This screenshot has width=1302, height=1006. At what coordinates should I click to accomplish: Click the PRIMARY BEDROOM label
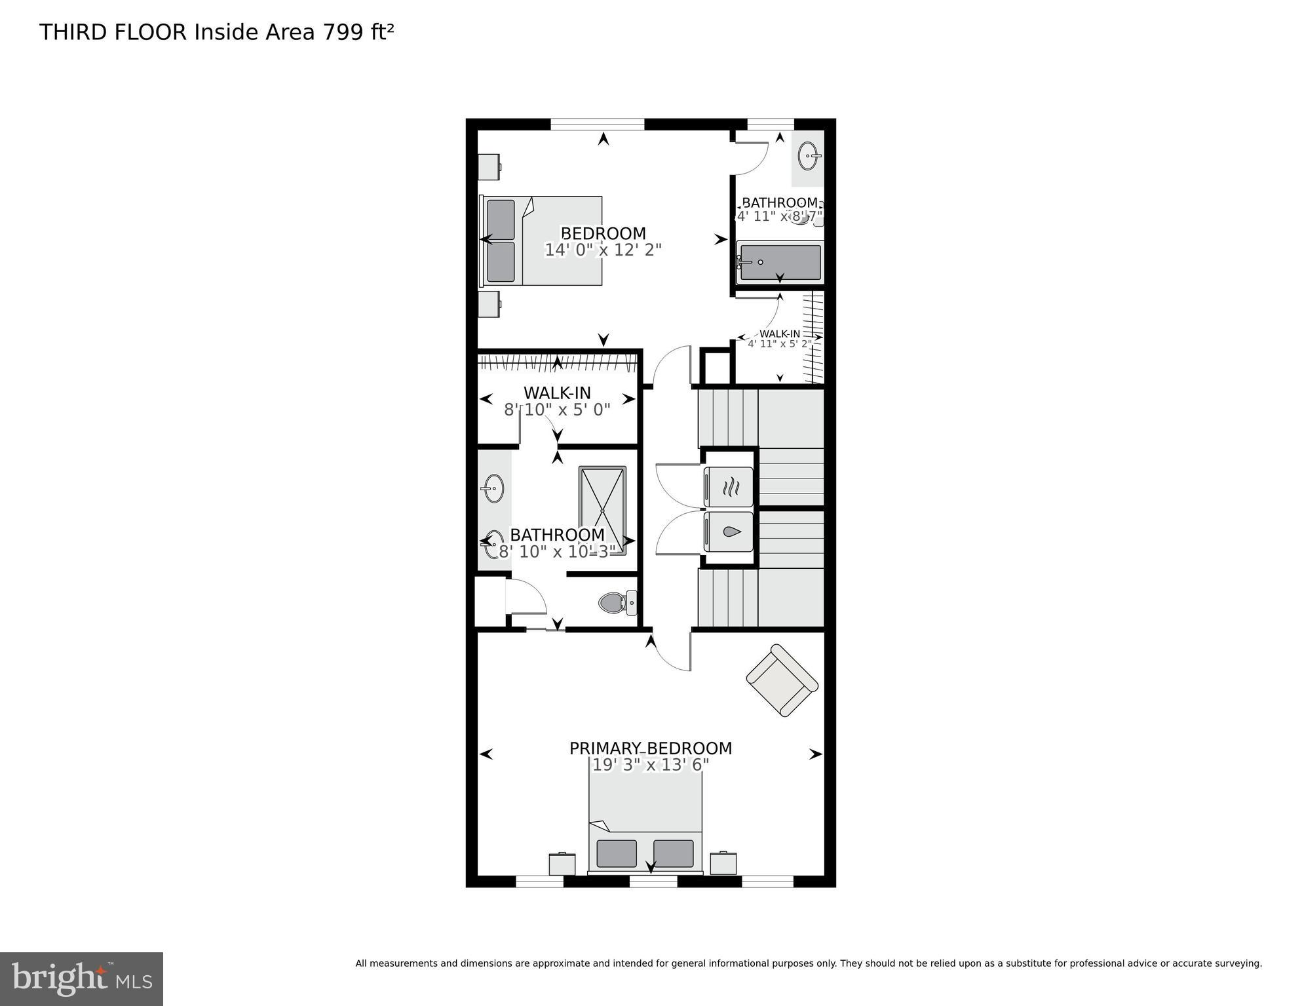(x=650, y=748)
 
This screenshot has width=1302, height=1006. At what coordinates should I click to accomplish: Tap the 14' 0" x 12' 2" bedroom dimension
(x=603, y=250)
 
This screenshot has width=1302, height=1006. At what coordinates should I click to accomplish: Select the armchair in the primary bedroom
(x=782, y=680)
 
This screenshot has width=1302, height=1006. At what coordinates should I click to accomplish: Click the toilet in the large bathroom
(x=616, y=602)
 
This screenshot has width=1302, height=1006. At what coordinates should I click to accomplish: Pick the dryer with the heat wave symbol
(x=729, y=486)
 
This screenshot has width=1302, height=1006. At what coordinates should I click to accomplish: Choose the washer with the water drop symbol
(x=729, y=532)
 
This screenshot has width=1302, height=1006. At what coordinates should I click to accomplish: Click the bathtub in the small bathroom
(x=780, y=262)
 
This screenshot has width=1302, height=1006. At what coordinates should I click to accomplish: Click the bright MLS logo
(x=81, y=978)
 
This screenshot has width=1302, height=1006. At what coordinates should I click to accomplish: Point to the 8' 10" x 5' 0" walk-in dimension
(x=557, y=410)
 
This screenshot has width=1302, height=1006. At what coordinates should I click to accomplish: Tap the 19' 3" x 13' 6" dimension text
(x=650, y=765)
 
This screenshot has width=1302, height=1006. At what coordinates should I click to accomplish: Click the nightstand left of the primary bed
(x=562, y=863)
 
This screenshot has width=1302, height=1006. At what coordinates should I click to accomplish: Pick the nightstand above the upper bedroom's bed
(x=489, y=167)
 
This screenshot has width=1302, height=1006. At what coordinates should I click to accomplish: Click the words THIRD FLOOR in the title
(x=113, y=31)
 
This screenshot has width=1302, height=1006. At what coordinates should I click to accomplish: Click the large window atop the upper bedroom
(x=597, y=124)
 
